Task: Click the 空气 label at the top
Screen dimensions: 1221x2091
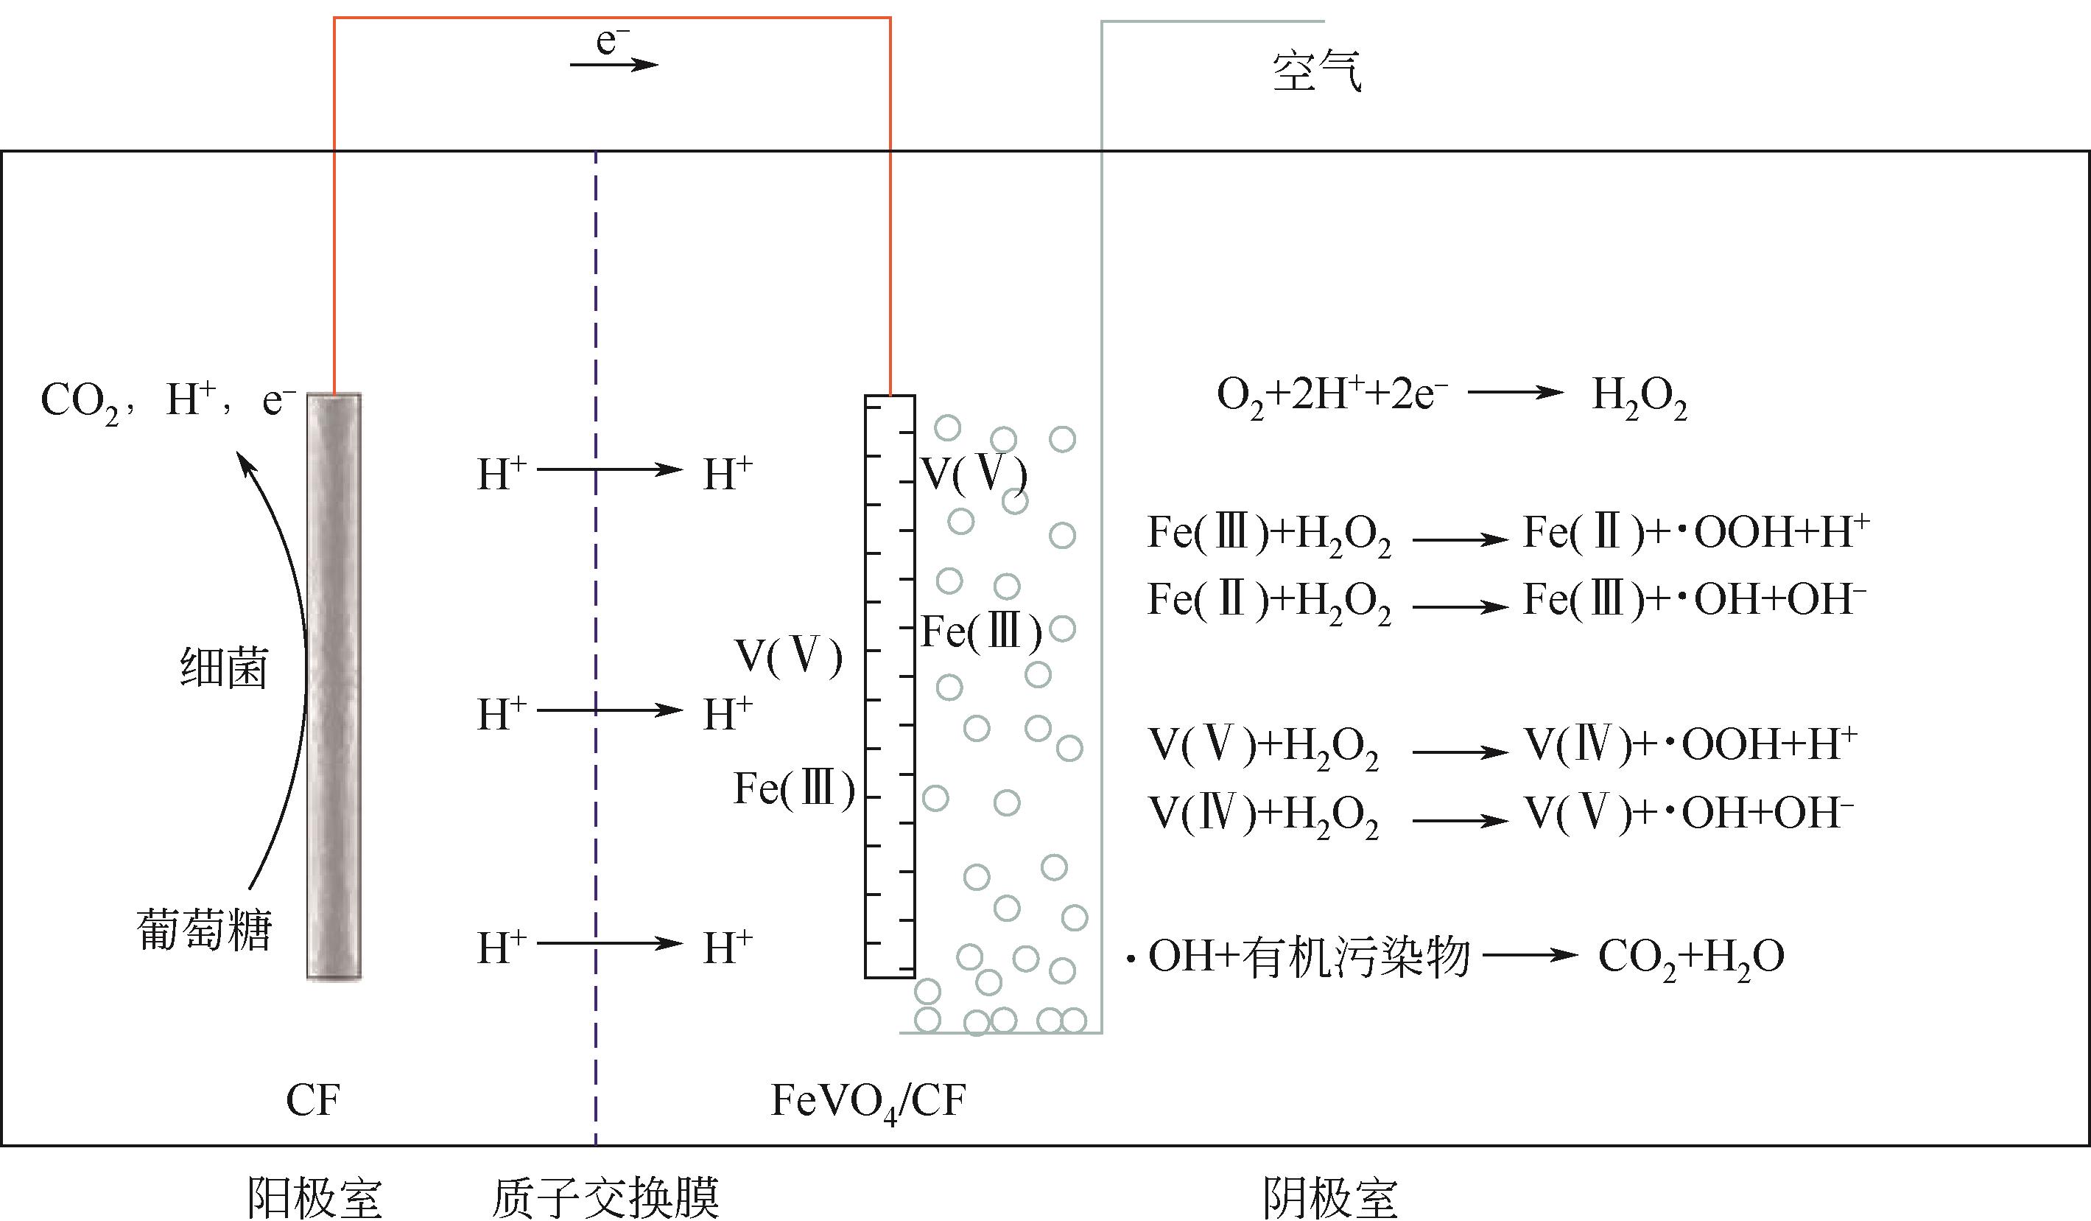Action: (x=1316, y=71)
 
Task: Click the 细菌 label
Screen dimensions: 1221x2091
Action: (x=224, y=668)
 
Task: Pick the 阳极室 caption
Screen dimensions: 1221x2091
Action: (x=314, y=1197)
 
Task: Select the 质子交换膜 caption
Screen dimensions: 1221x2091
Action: (x=605, y=1197)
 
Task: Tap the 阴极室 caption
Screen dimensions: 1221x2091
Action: (x=1329, y=1197)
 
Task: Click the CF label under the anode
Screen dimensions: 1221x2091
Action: (x=313, y=1101)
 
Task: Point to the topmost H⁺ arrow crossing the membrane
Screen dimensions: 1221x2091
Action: (x=609, y=470)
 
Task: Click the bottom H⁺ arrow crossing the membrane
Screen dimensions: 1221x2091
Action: (x=609, y=944)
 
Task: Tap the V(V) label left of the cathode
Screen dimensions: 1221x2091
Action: (x=788, y=656)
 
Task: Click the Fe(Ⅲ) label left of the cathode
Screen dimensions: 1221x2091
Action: (x=793, y=788)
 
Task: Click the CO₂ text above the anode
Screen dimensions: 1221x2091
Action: (x=80, y=402)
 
